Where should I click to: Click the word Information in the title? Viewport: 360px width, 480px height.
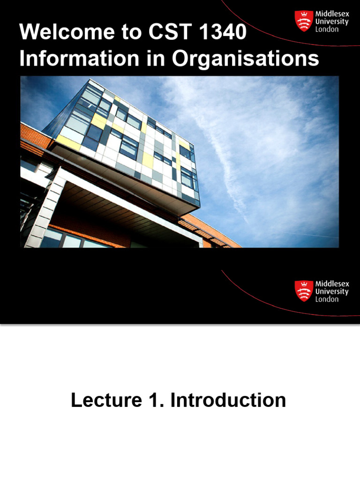(x=79, y=59)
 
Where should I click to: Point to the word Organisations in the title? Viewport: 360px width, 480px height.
(x=246, y=59)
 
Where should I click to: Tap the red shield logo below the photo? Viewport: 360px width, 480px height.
(x=303, y=291)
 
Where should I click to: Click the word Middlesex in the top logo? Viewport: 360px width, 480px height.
(x=332, y=14)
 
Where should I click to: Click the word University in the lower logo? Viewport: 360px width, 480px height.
(x=332, y=291)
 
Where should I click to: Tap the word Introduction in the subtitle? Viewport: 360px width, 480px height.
(x=228, y=401)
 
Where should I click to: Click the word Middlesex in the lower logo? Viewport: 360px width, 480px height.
(x=332, y=284)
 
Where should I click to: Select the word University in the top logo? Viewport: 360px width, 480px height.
(x=332, y=22)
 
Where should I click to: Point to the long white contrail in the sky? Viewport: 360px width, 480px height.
(x=220, y=155)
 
